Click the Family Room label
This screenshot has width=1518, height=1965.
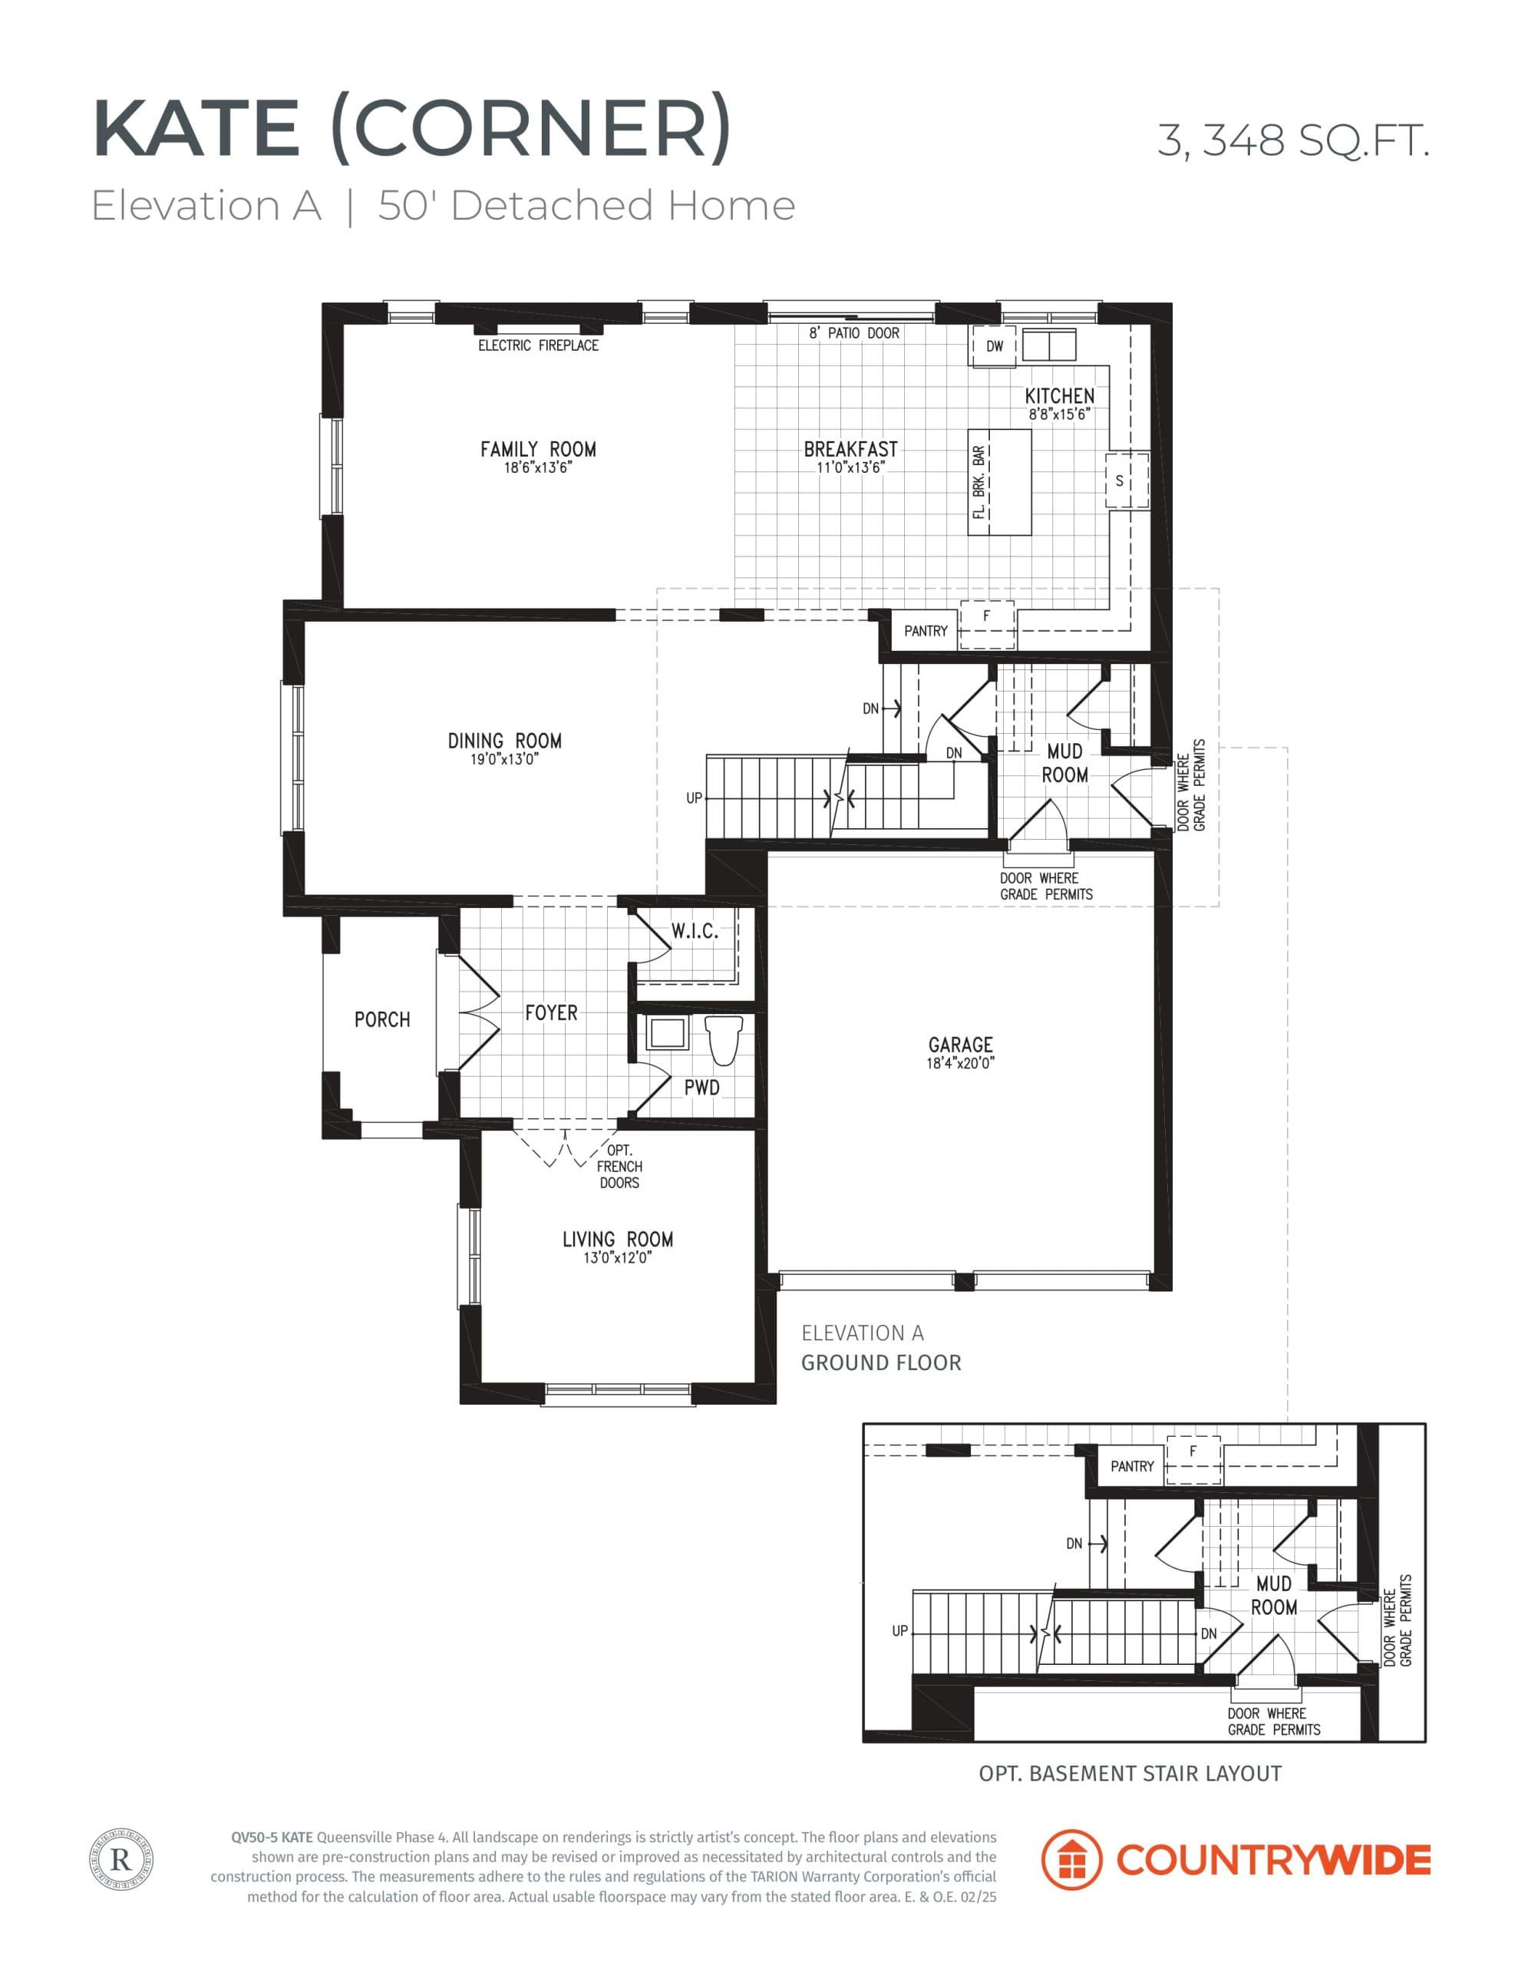538,449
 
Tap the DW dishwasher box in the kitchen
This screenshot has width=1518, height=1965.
995,346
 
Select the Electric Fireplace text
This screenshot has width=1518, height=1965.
538,345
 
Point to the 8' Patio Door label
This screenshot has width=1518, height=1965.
854,333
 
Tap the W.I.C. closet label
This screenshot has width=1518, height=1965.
695,932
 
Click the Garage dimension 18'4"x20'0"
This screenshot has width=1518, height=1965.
960,1062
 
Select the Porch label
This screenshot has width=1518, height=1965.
382,1019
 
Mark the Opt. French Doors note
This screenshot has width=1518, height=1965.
619,1166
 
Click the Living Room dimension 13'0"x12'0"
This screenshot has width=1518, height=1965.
617,1258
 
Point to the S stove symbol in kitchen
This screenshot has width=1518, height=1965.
1120,481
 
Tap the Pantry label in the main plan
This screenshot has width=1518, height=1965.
926,631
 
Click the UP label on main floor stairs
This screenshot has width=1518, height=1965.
694,798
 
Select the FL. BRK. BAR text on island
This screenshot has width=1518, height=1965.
979,482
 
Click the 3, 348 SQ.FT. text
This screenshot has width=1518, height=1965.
1292,140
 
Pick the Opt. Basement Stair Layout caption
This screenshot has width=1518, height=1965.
1129,1773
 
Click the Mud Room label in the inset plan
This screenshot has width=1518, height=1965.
1274,1595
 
